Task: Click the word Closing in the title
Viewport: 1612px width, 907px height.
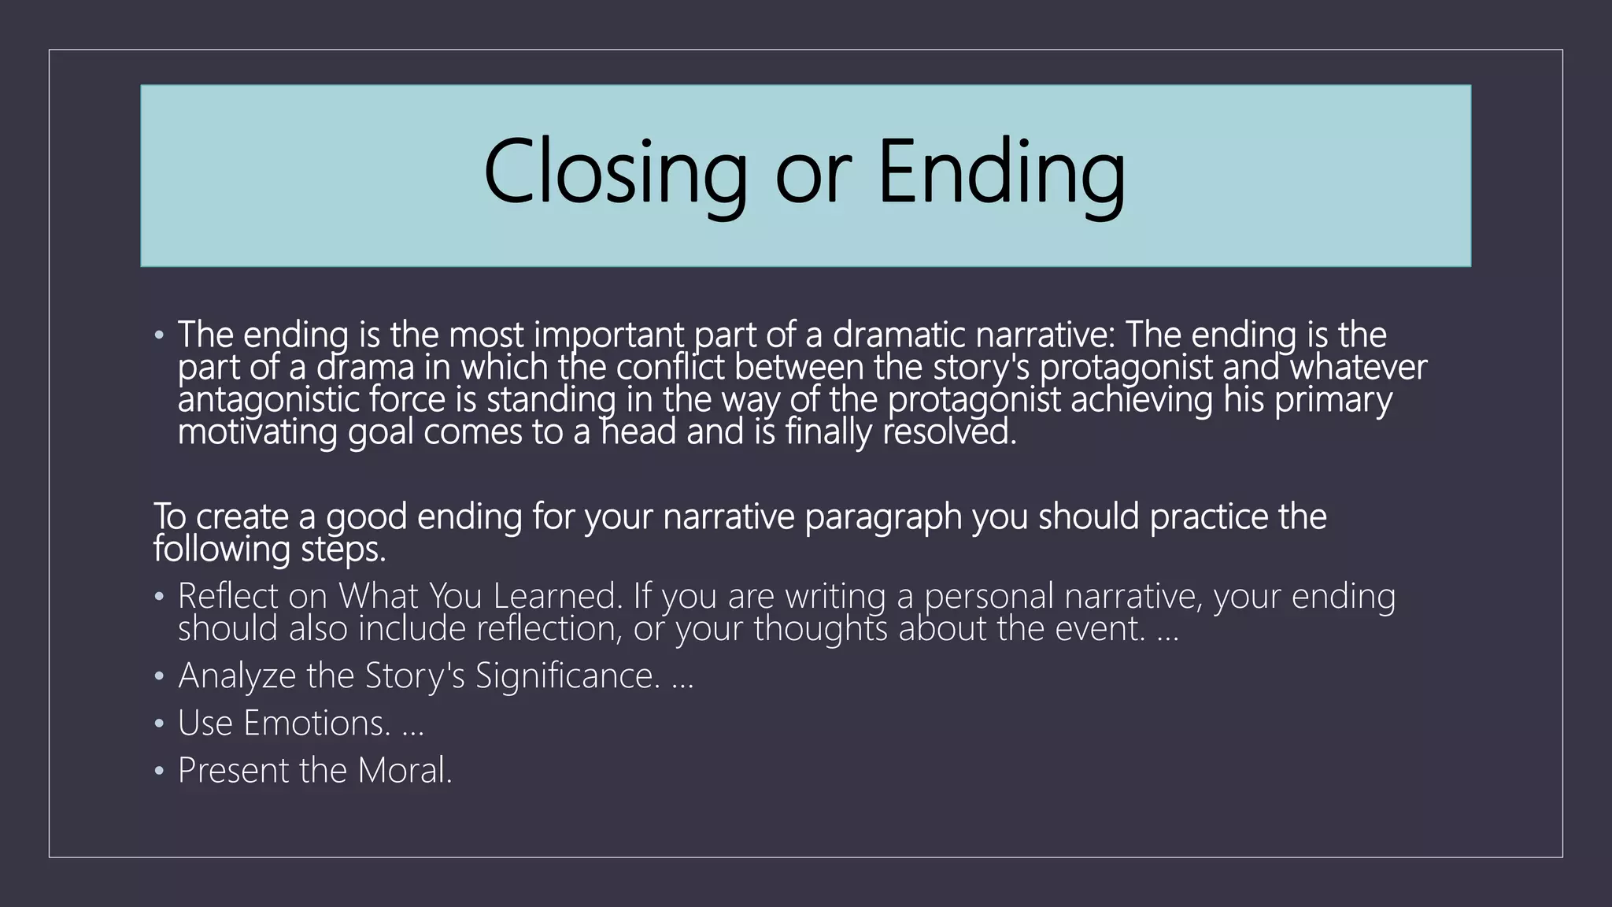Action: click(615, 172)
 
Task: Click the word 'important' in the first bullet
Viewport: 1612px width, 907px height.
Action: click(610, 335)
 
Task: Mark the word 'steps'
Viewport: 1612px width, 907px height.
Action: click(342, 550)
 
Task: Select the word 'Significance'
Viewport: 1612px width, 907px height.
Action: click(567, 676)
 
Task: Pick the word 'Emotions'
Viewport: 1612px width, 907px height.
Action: click(316, 723)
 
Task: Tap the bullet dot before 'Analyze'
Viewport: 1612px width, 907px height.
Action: click(160, 677)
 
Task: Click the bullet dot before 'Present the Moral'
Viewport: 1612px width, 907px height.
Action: click(160, 772)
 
